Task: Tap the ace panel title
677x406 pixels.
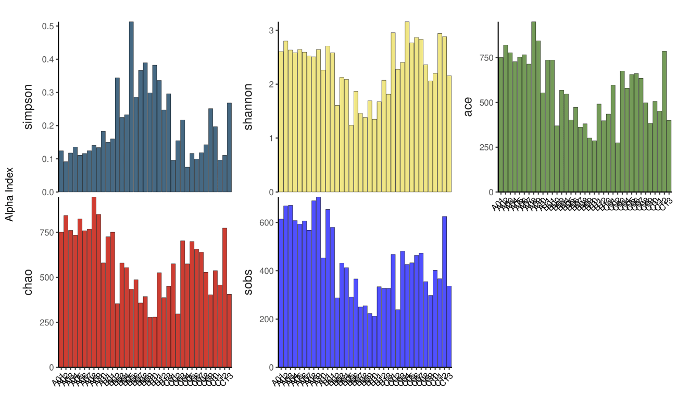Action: coord(468,107)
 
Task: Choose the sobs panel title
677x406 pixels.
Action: coord(249,282)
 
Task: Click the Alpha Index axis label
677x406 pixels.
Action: coord(9,194)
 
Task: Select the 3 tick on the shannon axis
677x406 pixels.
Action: coord(271,31)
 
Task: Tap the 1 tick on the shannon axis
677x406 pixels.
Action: coord(271,138)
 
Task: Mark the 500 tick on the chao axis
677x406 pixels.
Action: coord(47,277)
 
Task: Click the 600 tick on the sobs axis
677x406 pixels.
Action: coord(266,223)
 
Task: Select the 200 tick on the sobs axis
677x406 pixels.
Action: coord(266,319)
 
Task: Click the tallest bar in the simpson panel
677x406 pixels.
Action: coord(131,107)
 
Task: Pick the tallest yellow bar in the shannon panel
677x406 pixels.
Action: coord(407,107)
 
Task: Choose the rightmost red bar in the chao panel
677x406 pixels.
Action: coord(229,331)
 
